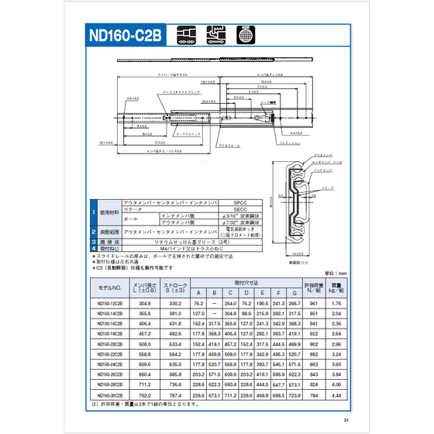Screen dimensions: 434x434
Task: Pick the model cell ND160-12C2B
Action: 105,303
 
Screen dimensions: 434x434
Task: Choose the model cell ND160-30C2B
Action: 105,394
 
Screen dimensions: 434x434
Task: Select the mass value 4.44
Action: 336,394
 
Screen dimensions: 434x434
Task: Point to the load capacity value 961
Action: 313,303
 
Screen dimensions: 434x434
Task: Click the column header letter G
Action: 294,292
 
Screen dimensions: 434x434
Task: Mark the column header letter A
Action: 198,292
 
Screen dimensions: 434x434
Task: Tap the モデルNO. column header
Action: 105,288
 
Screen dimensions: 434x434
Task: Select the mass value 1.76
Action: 336,303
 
